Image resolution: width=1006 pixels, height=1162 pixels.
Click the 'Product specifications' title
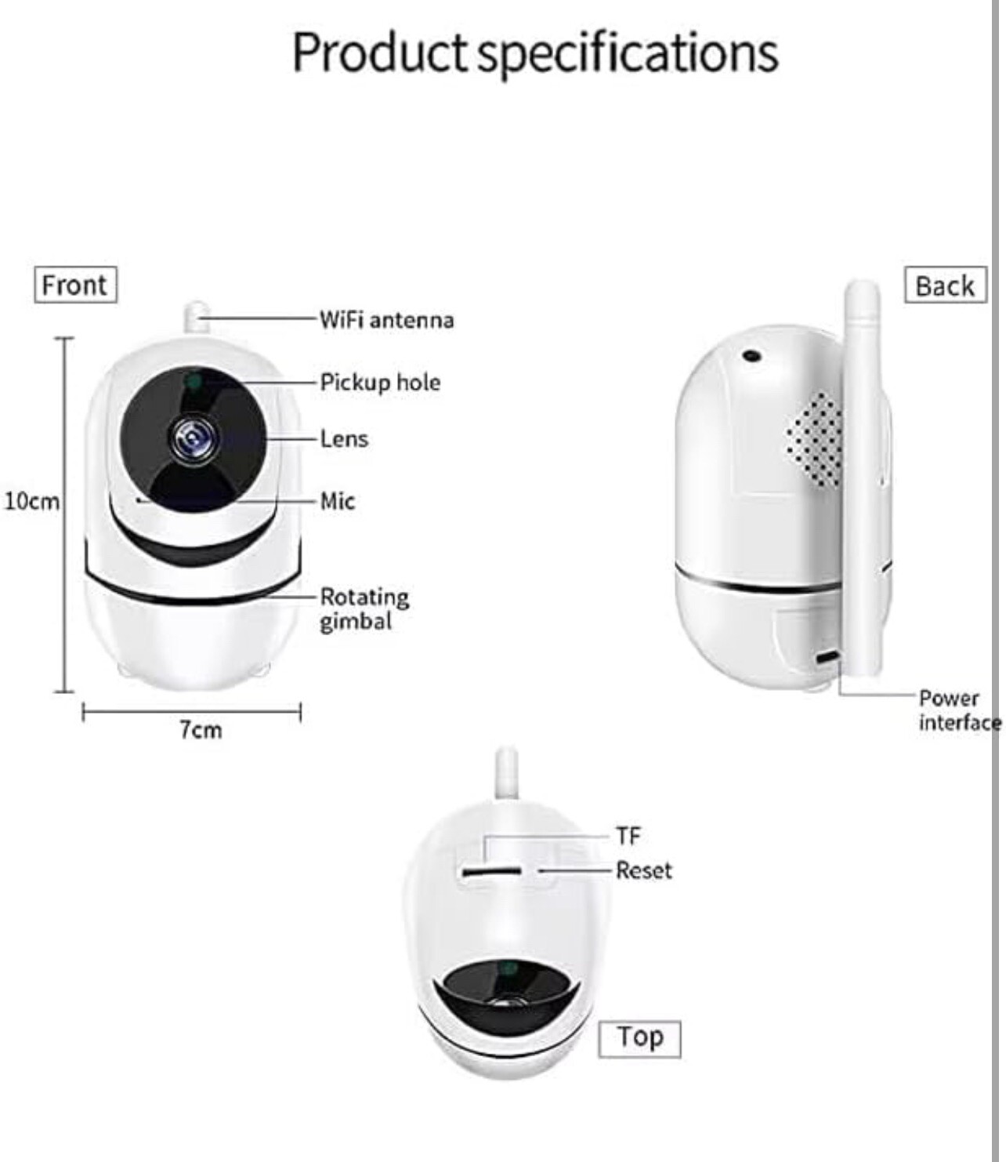(x=535, y=53)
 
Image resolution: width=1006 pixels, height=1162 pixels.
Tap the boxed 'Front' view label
(x=74, y=285)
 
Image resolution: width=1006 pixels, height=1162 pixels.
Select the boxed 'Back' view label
(x=945, y=285)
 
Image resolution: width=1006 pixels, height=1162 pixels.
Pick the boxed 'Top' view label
(x=639, y=1038)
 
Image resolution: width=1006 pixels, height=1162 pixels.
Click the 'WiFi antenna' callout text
(x=386, y=320)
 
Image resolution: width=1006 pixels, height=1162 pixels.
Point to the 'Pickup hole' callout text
(x=380, y=383)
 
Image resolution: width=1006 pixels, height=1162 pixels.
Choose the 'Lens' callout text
(x=344, y=438)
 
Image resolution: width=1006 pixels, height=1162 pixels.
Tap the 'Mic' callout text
(x=338, y=501)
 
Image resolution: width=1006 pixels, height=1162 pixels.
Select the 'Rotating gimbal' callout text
(x=364, y=609)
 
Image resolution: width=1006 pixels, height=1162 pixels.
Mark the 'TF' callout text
(x=628, y=836)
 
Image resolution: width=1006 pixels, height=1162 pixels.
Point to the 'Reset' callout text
(x=644, y=870)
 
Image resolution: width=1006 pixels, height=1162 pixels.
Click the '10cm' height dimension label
(x=31, y=501)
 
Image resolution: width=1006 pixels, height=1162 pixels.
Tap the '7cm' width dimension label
(x=201, y=730)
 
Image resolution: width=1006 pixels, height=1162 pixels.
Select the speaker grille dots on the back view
(x=815, y=438)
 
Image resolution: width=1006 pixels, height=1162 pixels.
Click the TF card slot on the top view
(x=491, y=871)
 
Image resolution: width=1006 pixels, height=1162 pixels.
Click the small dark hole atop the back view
(x=752, y=356)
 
